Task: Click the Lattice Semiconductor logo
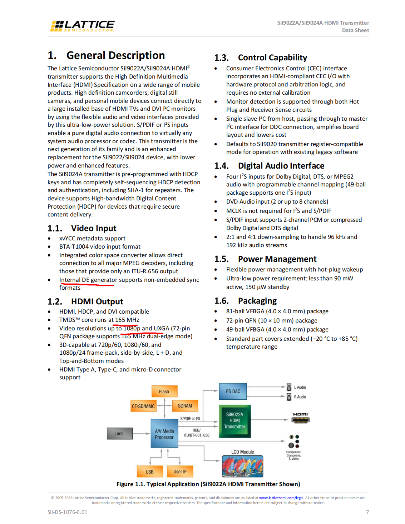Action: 82,26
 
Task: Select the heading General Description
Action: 115,55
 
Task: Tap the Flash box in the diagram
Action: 164,391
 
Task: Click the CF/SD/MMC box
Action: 143,406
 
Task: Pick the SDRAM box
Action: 185,406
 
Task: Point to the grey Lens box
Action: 119,434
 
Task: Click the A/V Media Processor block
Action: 164,434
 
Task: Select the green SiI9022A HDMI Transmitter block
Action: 234,421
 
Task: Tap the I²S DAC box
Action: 233,391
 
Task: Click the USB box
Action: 149,471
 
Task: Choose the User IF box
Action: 180,471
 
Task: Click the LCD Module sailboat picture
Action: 242,466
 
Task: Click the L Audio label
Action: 300,387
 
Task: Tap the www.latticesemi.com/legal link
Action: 281,498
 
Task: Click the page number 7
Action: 367,512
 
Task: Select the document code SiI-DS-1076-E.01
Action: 67,512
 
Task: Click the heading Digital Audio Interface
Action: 281,166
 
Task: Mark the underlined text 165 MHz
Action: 127,320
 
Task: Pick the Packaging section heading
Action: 257,301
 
